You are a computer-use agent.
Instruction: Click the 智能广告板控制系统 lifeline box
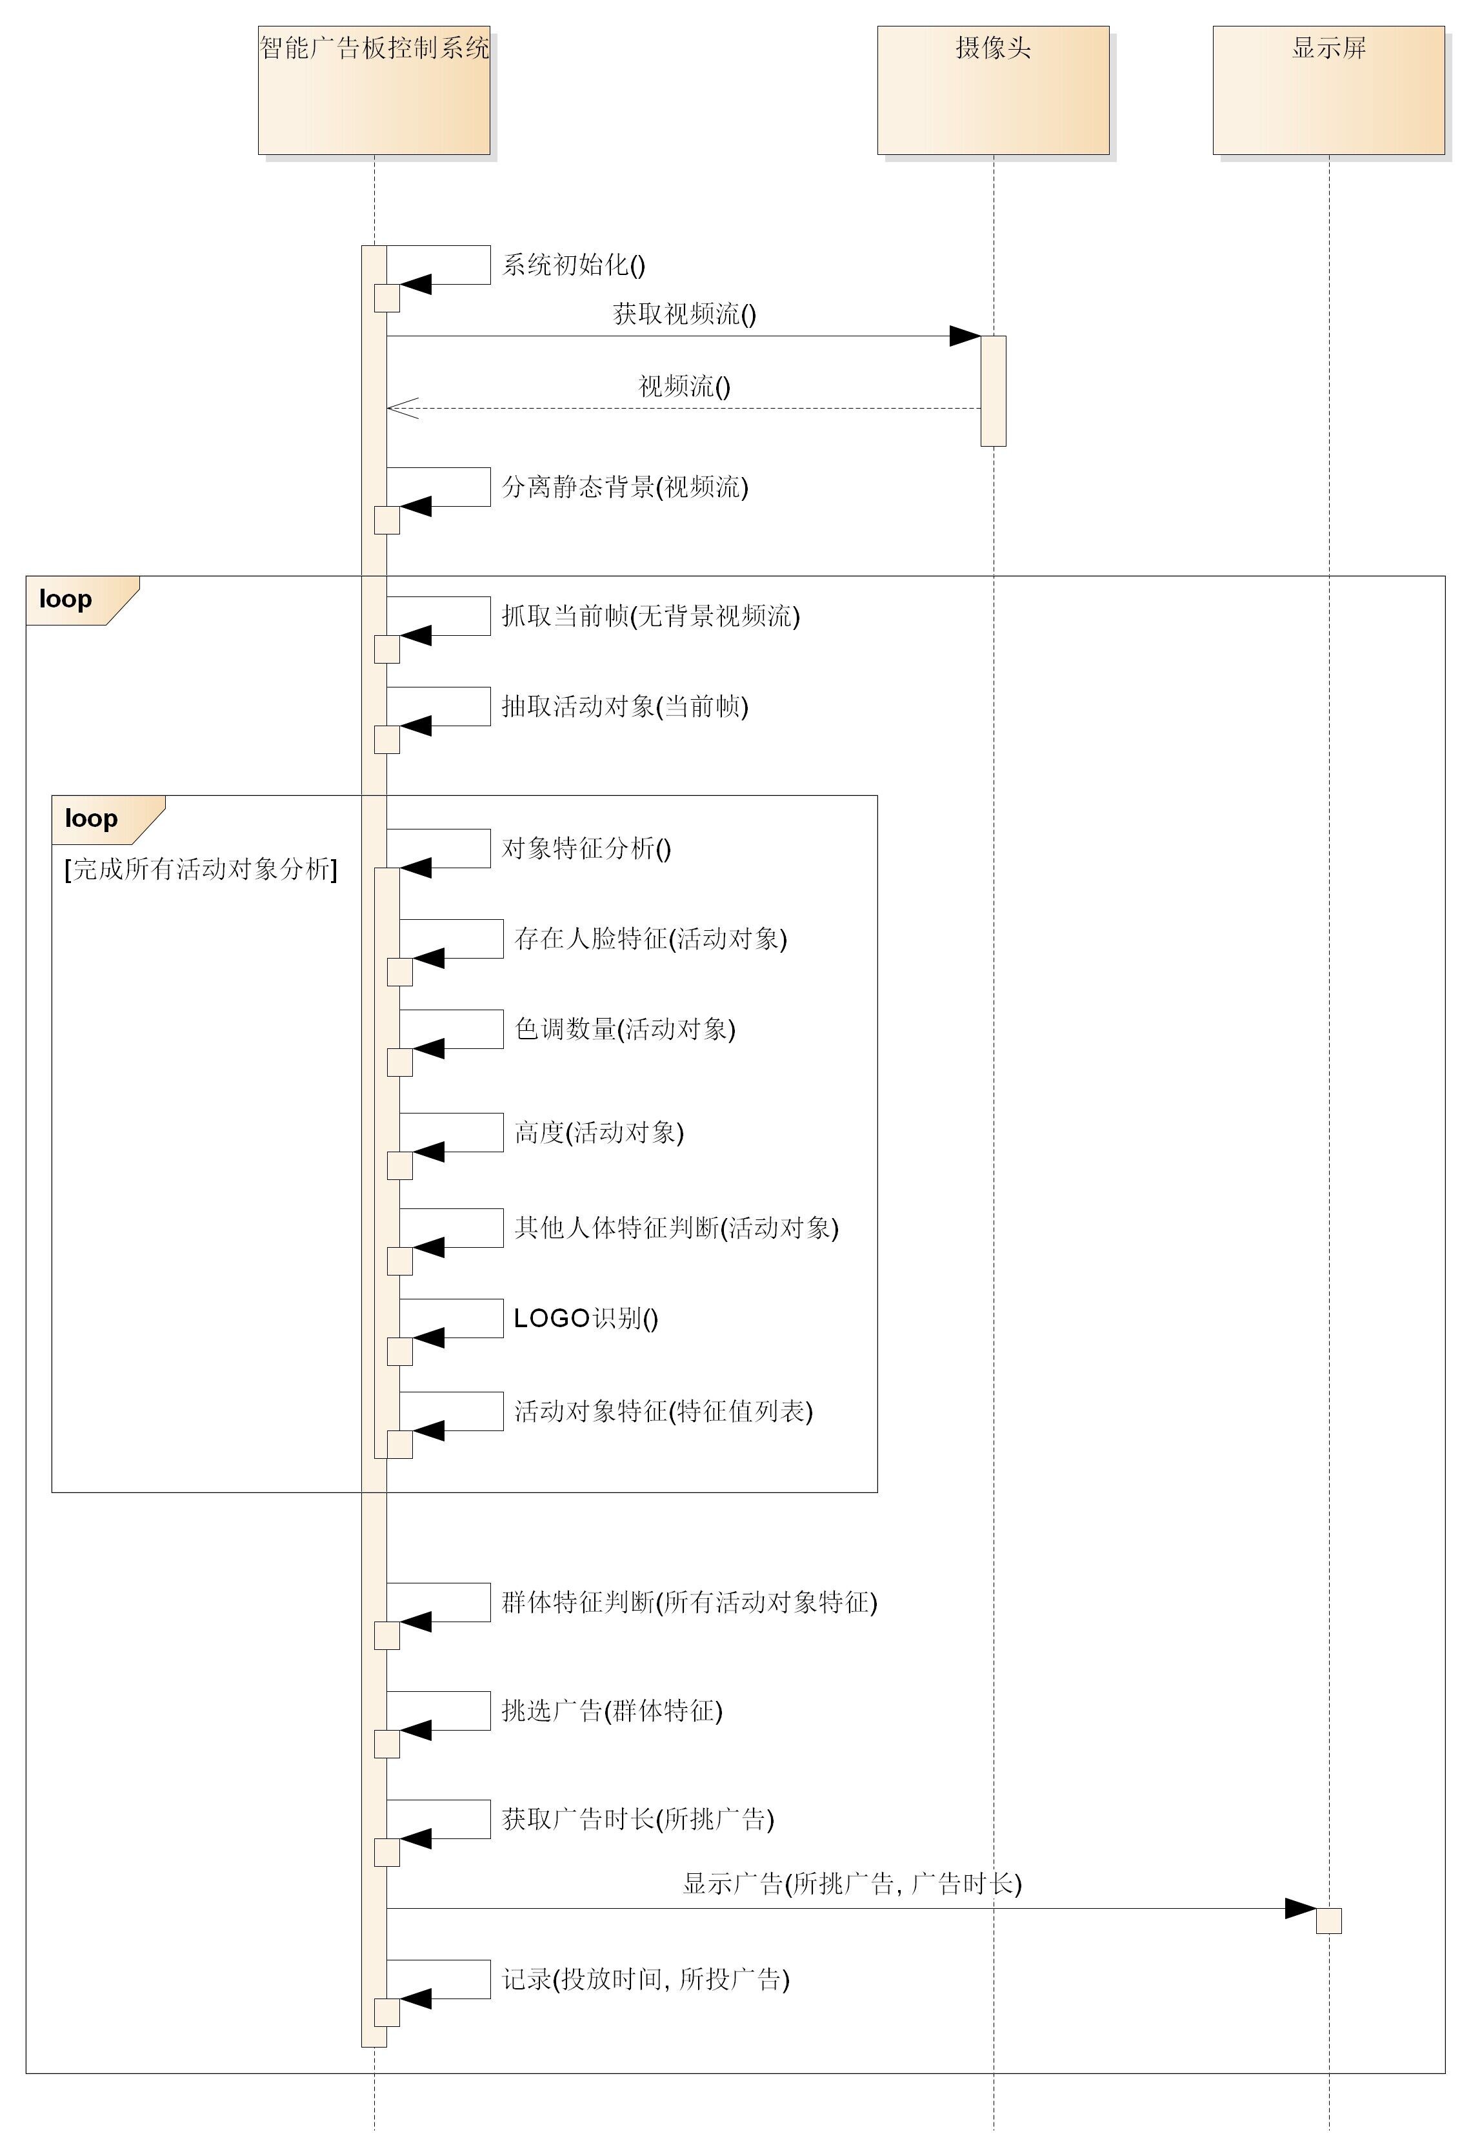374,90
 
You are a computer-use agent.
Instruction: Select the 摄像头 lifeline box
994,90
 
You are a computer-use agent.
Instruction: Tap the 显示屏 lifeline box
1329,90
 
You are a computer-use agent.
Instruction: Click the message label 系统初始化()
573,265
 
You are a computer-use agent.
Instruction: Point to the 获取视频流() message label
685,314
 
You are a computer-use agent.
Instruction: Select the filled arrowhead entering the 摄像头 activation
966,336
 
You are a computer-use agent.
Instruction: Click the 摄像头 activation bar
994,391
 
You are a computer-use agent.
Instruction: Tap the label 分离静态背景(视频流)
625,487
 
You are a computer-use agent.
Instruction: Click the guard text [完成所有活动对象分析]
201,870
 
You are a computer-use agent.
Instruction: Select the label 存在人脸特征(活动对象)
651,939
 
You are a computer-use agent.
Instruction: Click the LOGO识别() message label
586,1318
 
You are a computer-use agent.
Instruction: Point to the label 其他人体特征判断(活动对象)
677,1228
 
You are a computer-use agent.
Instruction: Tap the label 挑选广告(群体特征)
612,1711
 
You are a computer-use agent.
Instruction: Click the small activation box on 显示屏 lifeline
1329,1920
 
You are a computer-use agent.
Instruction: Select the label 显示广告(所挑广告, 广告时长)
852,1884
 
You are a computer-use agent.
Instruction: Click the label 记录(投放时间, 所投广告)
646,1980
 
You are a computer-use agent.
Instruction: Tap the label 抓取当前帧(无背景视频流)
651,616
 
